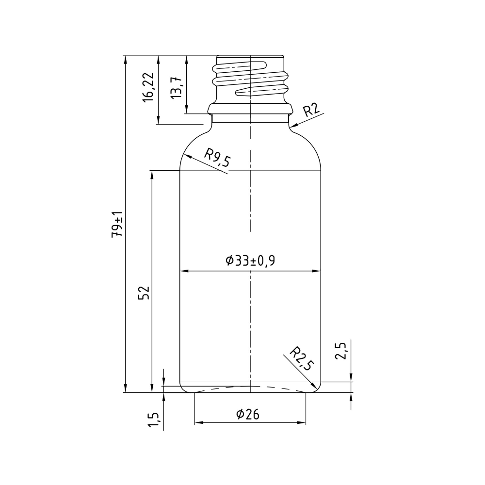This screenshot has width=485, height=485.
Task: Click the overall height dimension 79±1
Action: click(x=117, y=224)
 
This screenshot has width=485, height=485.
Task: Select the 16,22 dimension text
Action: click(x=148, y=87)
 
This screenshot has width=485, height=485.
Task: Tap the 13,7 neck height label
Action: click(x=177, y=87)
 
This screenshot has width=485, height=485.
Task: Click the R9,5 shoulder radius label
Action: click(x=217, y=158)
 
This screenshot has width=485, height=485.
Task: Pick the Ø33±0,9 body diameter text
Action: click(x=250, y=261)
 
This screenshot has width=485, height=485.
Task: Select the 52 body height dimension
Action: click(x=144, y=292)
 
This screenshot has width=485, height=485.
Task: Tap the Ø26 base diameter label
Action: click(x=248, y=414)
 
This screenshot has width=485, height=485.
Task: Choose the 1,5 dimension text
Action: click(x=154, y=420)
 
